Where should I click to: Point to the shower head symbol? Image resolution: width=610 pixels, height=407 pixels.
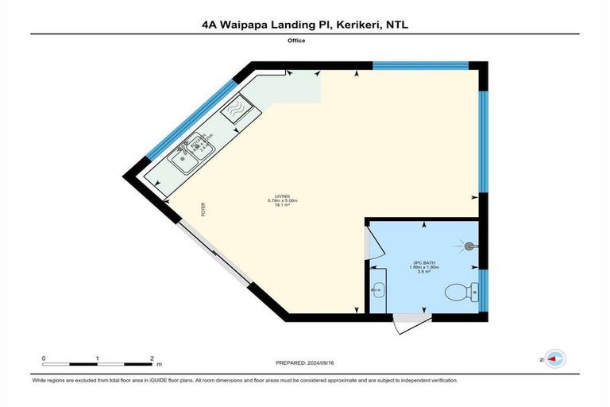[x=469, y=246]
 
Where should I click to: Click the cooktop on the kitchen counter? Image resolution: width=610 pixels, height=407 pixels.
[x=237, y=110]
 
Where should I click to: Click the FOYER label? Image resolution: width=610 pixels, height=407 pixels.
[x=203, y=211]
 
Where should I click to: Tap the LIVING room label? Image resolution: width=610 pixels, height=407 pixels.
[x=282, y=196]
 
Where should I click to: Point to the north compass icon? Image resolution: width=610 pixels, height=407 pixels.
[x=555, y=359]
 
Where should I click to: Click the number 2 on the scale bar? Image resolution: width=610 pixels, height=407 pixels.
[x=151, y=359]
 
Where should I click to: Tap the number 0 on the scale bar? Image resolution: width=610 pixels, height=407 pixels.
[x=44, y=359]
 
